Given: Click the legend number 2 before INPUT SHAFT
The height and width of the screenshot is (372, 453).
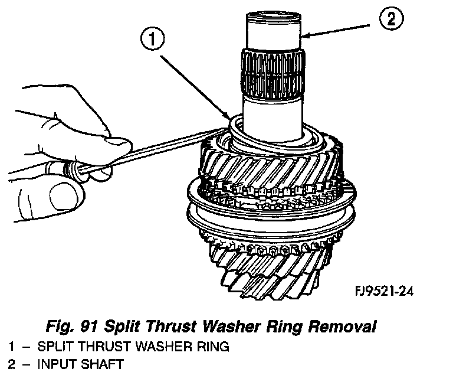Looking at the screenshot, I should tap(11, 363).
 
